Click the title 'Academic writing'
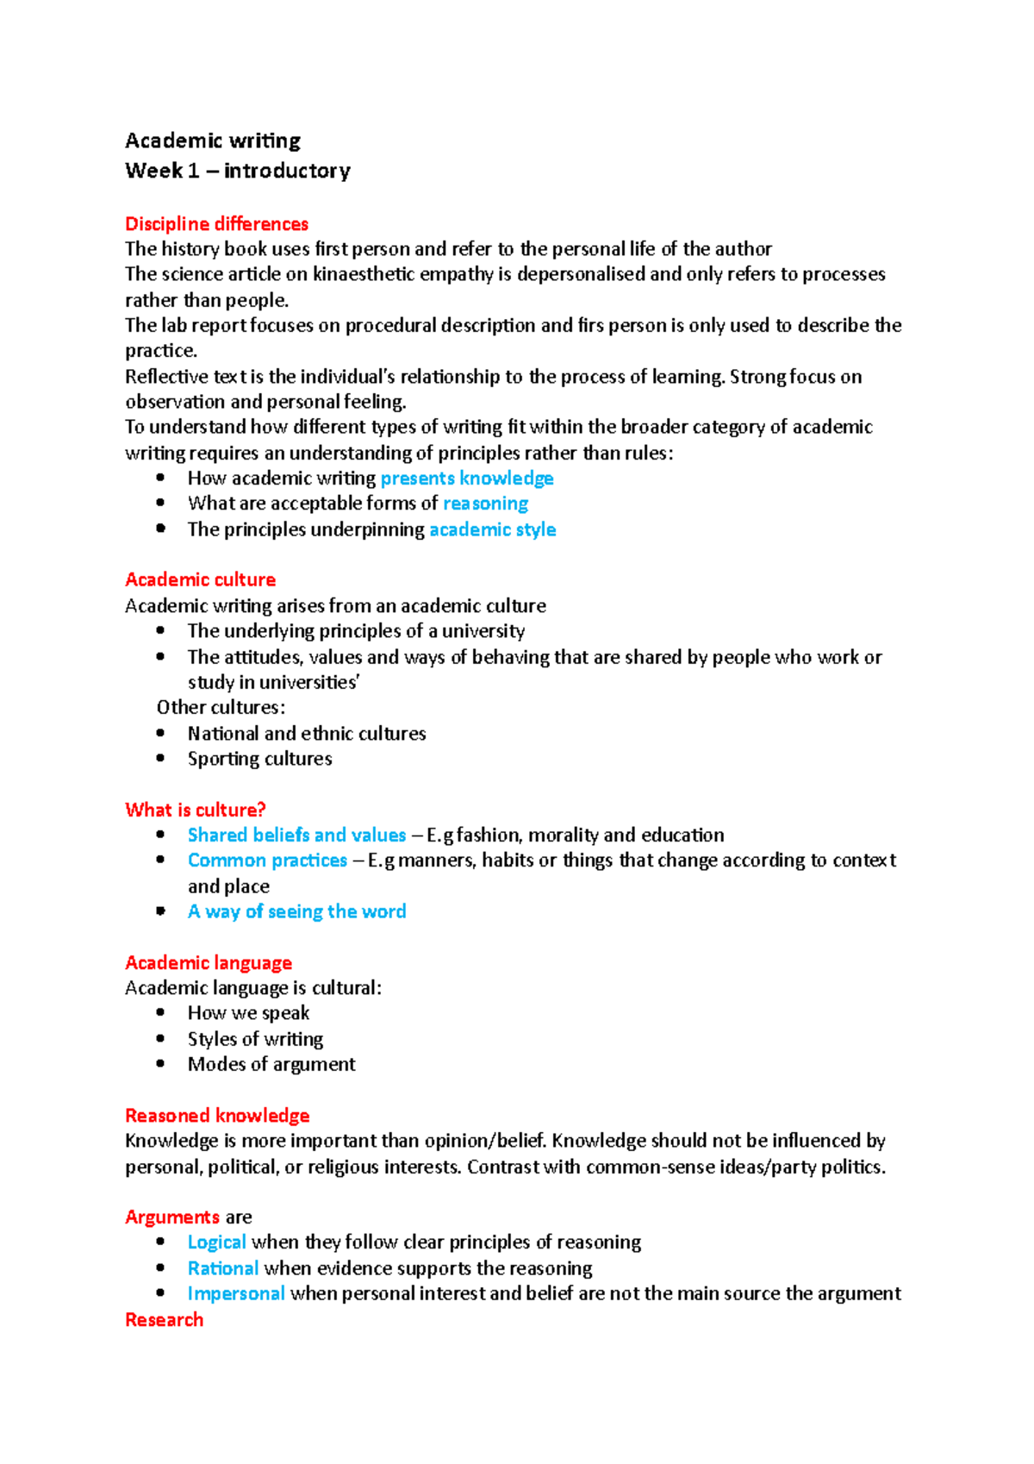pyautogui.click(x=213, y=141)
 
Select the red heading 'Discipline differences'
pyautogui.click(x=216, y=224)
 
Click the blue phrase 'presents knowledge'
pyautogui.click(x=467, y=479)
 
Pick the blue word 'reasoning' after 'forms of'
pyautogui.click(x=485, y=504)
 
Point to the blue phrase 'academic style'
pyautogui.click(x=492, y=529)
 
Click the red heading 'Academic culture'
pyautogui.click(x=200, y=579)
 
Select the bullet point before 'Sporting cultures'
pyautogui.click(x=161, y=758)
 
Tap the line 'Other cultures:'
pyautogui.click(x=221, y=707)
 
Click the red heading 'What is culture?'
pyautogui.click(x=195, y=810)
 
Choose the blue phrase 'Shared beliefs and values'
pyautogui.click(x=296, y=835)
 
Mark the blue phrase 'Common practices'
pyautogui.click(x=267, y=860)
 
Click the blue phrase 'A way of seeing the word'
pyautogui.click(x=296, y=911)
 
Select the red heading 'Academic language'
pyautogui.click(x=209, y=962)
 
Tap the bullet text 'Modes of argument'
pyautogui.click(x=271, y=1064)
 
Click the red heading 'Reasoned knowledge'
pyautogui.click(x=217, y=1116)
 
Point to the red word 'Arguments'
pyautogui.click(x=171, y=1217)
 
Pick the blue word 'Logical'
pyautogui.click(x=216, y=1242)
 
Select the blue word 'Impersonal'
pyautogui.click(x=236, y=1293)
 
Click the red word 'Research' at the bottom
pyautogui.click(x=164, y=1319)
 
